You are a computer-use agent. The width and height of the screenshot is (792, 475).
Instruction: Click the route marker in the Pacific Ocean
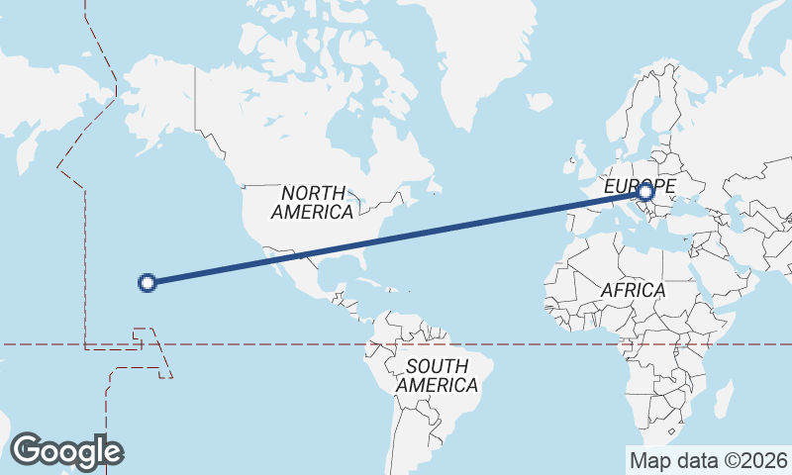pos(148,283)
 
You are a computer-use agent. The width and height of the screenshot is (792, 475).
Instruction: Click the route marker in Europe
pos(645,192)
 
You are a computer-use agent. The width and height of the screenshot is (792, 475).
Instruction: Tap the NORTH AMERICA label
pos(312,202)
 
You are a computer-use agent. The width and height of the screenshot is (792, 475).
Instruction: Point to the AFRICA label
pos(633,290)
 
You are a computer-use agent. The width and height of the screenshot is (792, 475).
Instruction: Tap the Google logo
pos(66,451)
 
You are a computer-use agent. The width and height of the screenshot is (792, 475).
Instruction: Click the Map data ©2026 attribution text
pos(708,460)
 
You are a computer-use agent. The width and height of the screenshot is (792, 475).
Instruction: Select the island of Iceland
pos(540,102)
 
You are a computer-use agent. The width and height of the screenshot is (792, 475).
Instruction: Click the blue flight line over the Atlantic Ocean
pos(475,225)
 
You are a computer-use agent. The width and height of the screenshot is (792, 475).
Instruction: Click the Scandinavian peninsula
pos(643,109)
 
